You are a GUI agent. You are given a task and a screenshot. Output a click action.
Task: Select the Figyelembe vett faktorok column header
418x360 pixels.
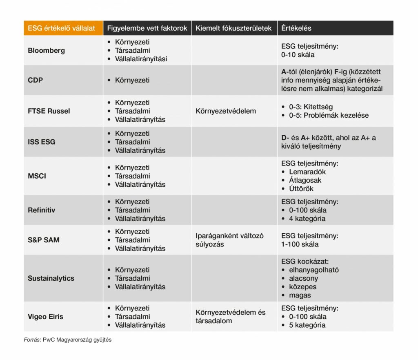coord(147,28)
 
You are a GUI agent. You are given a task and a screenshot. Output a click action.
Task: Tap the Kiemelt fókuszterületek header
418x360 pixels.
coord(233,28)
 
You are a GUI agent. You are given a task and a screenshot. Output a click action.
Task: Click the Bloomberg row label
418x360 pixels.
coord(46,51)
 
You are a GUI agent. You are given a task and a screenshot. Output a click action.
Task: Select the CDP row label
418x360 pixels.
coord(35,80)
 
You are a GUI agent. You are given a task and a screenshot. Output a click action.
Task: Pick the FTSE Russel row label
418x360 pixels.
coord(48,111)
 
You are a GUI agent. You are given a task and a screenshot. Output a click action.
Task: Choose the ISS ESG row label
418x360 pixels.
coord(42,142)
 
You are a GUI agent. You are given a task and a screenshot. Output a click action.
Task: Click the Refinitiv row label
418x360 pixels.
coord(42,210)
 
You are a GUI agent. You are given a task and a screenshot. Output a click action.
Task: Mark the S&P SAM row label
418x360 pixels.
coord(44,240)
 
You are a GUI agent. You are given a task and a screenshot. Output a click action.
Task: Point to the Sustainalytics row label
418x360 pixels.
coord(51,278)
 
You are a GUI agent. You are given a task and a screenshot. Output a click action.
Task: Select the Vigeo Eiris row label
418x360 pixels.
coord(46,317)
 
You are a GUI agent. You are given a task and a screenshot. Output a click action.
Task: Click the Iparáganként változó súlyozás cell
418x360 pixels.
coord(230,240)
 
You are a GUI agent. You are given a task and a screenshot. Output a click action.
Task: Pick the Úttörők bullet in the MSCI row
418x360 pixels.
coord(301,189)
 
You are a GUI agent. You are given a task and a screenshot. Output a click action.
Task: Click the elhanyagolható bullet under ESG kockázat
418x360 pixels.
coord(314,270)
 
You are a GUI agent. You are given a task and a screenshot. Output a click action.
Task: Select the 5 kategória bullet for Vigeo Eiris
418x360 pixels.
coord(307,325)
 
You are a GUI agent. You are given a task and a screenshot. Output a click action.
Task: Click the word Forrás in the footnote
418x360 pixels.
coord(32,340)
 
